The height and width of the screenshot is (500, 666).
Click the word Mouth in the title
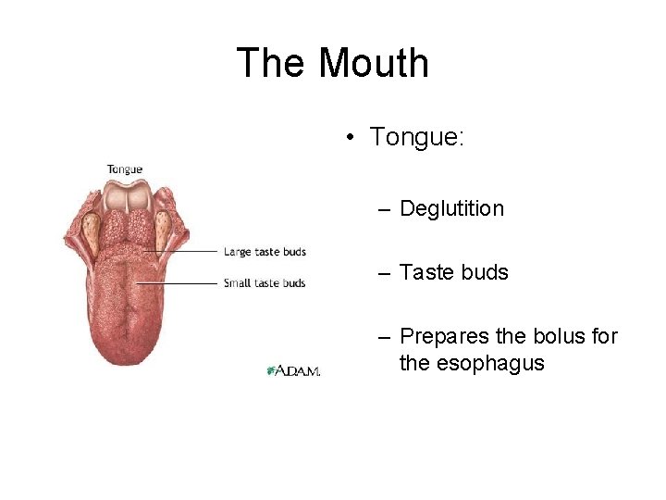click(x=374, y=63)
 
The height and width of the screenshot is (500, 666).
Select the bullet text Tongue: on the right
click(x=417, y=138)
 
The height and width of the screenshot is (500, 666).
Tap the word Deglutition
click(x=451, y=209)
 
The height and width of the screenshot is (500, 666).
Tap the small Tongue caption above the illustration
click(x=125, y=169)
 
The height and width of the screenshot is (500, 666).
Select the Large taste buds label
click(x=265, y=252)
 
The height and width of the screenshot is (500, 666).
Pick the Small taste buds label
click(x=265, y=283)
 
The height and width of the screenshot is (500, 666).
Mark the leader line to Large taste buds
click(x=185, y=252)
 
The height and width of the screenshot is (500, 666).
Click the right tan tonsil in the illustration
click(x=162, y=223)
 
